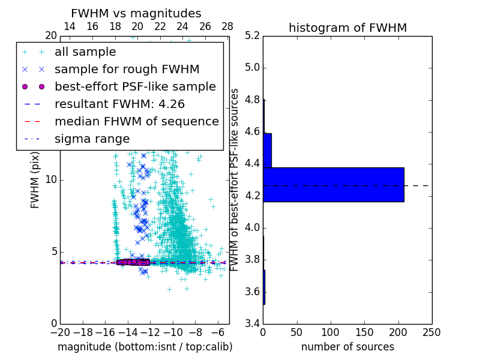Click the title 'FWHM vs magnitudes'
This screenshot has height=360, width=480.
click(x=136, y=13)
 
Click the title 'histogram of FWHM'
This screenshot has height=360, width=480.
click(x=347, y=28)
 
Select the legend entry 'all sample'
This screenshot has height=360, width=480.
click(x=85, y=52)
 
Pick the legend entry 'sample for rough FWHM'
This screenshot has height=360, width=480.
click(x=127, y=70)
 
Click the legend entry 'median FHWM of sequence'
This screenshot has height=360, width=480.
click(x=136, y=121)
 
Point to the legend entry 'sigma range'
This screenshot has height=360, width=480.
click(x=92, y=139)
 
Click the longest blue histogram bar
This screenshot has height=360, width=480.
click(x=333, y=184)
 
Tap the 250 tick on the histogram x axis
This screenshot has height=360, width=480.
click(x=431, y=332)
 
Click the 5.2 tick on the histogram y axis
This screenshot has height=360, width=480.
click(x=252, y=35)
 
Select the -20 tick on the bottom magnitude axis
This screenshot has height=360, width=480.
click(x=60, y=332)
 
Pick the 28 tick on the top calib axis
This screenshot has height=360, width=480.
click(x=227, y=27)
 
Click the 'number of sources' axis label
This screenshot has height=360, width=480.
click(x=347, y=347)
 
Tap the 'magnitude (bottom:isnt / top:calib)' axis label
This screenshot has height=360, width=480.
click(x=145, y=347)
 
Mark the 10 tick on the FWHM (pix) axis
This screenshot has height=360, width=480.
click(x=51, y=179)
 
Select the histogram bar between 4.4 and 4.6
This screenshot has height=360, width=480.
click(x=267, y=150)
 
